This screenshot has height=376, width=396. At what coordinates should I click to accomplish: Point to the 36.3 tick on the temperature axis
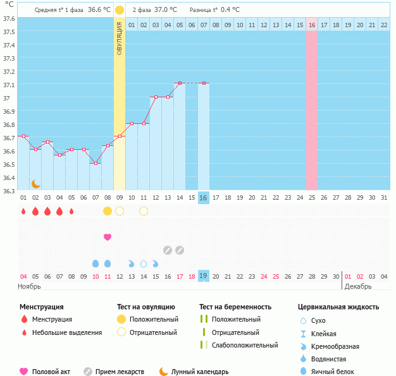pyautogui.click(x=9, y=191)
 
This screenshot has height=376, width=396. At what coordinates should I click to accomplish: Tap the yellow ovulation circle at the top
pyautogui.click(x=120, y=10)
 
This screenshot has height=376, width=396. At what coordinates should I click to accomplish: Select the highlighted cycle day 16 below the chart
pyautogui.click(x=203, y=198)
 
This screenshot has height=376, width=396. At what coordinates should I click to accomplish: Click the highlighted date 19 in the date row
pyautogui.click(x=203, y=276)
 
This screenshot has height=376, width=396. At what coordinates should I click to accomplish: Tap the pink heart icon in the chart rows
pyautogui.click(x=108, y=237)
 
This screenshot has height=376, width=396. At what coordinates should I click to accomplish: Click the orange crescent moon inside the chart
pyautogui.click(x=36, y=183)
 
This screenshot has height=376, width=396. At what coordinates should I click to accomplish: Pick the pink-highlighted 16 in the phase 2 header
pyautogui.click(x=311, y=25)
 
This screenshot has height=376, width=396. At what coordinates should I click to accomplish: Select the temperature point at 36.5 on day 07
pyautogui.click(x=96, y=163)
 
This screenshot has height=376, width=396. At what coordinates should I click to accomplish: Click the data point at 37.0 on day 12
pyautogui.click(x=156, y=97)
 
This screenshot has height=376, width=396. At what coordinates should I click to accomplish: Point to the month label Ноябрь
pyautogui.click(x=30, y=286)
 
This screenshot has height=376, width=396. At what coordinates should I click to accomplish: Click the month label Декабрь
pyautogui.click(x=359, y=286)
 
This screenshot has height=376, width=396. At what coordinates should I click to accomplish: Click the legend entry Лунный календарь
pyautogui.click(x=201, y=372)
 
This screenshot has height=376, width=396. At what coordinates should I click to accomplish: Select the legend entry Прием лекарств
pyautogui.click(x=120, y=372)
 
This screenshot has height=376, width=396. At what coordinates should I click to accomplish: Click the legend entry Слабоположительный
pyautogui.click(x=245, y=345)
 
